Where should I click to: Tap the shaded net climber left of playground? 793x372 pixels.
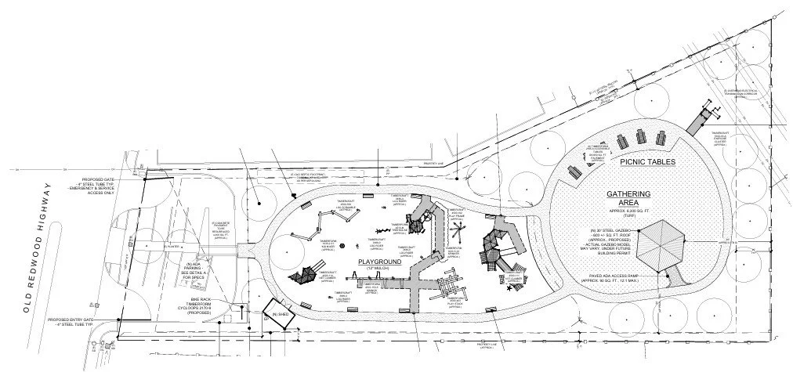(x=301, y=276)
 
